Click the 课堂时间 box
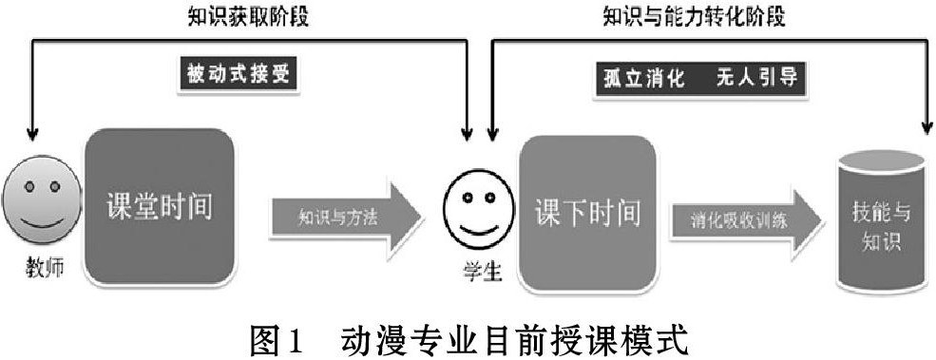(x=160, y=206)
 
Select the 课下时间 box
(x=588, y=213)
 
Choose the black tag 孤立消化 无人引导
(x=699, y=80)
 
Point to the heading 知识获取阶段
(x=248, y=17)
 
